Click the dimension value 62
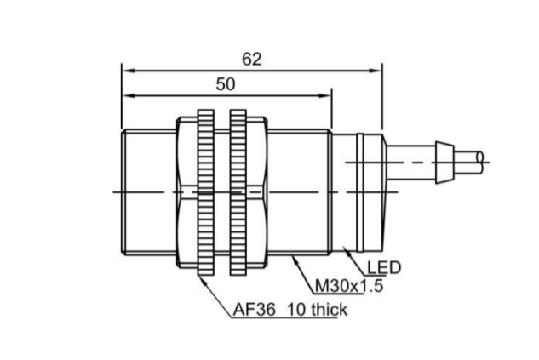pyautogui.click(x=252, y=59)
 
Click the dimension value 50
pyautogui.click(x=226, y=84)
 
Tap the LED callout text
pyautogui.click(x=384, y=267)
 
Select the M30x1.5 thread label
pyautogui.click(x=349, y=286)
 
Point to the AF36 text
pyautogui.click(x=255, y=310)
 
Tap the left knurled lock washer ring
pyautogui.click(x=206, y=192)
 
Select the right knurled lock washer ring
pyautogui.click(x=238, y=192)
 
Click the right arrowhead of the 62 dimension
pyautogui.click(x=376, y=71)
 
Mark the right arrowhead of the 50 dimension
pyautogui.click(x=325, y=95)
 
